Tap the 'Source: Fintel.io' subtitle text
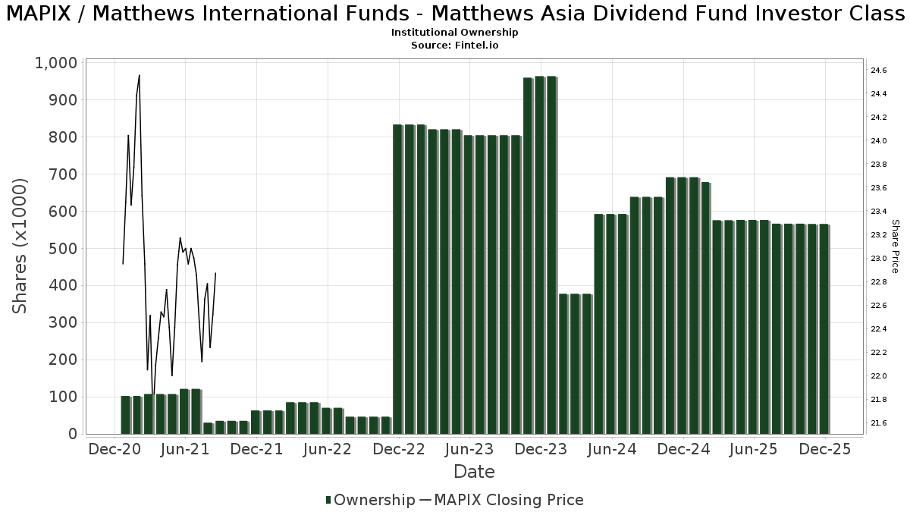tap(454, 46)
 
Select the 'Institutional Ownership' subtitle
tap(454, 33)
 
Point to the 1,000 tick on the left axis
tap(56, 63)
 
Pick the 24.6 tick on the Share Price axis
tap(879, 71)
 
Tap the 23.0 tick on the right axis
tap(879, 259)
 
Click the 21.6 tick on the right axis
tap(879, 423)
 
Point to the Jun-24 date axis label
tap(612, 449)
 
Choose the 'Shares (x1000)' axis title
tap(20, 246)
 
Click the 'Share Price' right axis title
tap(895, 246)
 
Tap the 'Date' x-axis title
tap(474, 472)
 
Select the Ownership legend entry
tap(370, 500)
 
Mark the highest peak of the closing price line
tap(139, 75)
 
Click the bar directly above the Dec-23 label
tap(540, 255)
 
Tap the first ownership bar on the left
tap(125, 414)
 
